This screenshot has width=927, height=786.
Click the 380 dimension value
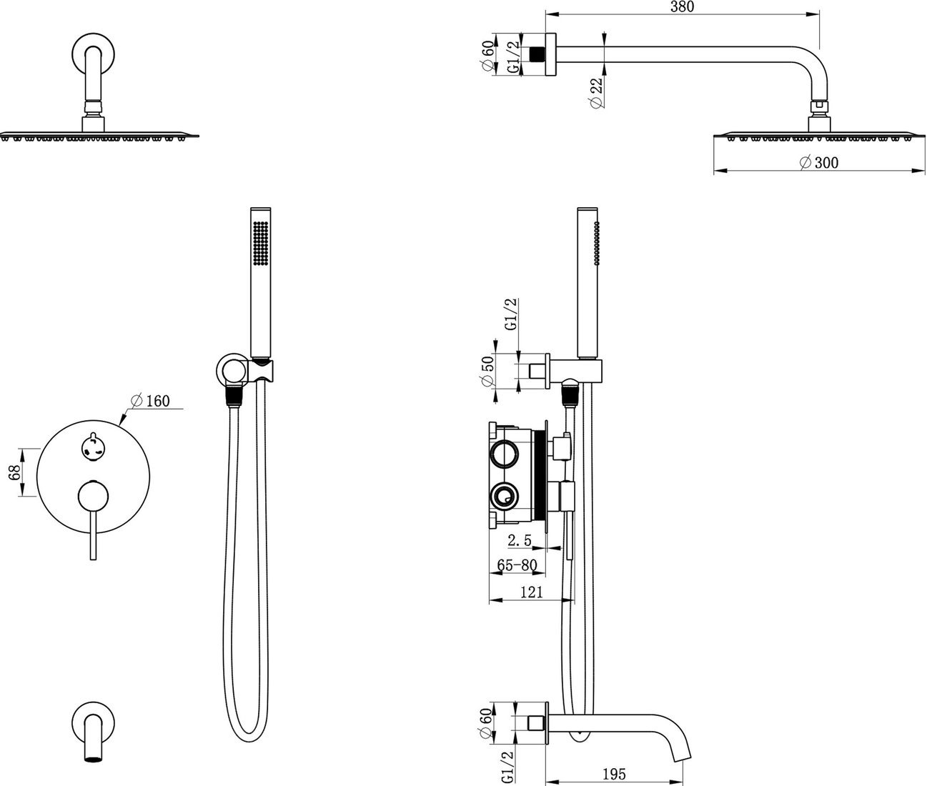[x=682, y=6]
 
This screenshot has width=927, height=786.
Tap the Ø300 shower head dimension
[x=819, y=162]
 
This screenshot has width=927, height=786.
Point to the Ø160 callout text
[x=150, y=400]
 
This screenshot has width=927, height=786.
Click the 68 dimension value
[x=15, y=472]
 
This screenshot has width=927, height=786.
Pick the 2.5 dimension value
[x=520, y=540]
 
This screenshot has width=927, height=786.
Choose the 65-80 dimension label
[x=517, y=565]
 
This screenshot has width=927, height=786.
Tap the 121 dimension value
[x=532, y=592]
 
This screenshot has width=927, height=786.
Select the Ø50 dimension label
[x=487, y=371]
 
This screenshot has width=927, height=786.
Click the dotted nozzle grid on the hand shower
[x=261, y=243]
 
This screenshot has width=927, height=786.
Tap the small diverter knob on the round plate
[x=94, y=447]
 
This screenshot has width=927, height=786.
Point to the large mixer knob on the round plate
[x=94, y=497]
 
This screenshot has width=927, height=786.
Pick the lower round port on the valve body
[x=504, y=497]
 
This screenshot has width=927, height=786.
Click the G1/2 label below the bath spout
[x=507, y=766]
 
